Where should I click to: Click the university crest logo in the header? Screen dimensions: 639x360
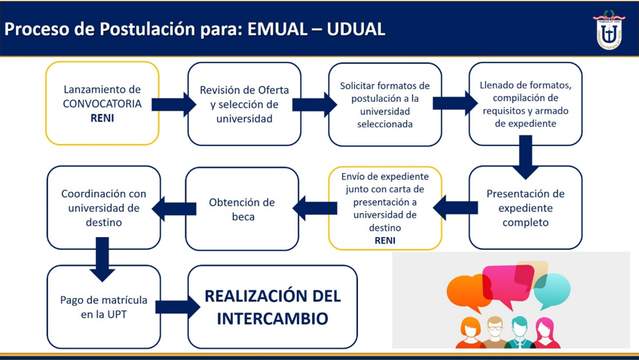tap(608, 30)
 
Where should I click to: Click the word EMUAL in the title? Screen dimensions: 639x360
tap(277, 29)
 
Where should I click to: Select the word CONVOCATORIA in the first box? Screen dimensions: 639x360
tap(102, 103)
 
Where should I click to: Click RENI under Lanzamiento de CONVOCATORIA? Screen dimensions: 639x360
tap(102, 118)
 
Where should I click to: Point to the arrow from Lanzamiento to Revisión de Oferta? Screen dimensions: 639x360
tap(173, 104)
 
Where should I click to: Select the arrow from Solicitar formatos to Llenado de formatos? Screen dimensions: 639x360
tap(455, 103)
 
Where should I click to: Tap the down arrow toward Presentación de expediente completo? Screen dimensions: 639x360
tap(526, 157)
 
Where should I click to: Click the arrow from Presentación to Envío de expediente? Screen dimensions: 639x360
tap(455, 208)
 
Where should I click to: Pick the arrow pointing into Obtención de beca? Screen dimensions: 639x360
tap(315, 208)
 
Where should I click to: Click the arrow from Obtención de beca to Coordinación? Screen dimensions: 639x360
tap(174, 209)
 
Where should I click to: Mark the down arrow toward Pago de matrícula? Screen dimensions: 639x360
tap(102, 259)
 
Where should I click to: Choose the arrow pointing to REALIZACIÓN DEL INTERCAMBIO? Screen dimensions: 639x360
tap(178, 307)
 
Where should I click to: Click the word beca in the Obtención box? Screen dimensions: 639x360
tap(243, 217)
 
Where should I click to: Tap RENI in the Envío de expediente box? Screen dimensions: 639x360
tap(385, 240)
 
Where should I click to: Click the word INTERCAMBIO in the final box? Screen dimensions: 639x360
tap(272, 318)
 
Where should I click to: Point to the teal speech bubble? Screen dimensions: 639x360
tap(552, 291)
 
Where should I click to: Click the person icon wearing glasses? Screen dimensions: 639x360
tap(495, 332)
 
